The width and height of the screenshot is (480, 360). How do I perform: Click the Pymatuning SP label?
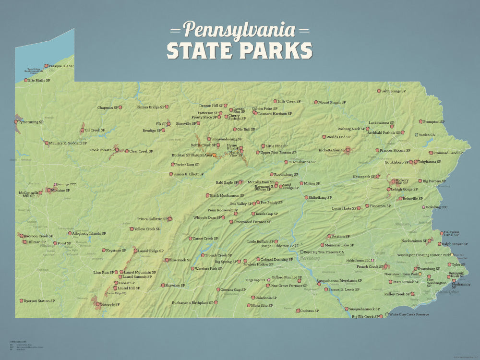click(x=31, y=122)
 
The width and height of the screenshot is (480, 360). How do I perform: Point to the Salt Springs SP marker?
click(x=379, y=91)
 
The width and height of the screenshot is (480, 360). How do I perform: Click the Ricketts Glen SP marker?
click(x=348, y=150)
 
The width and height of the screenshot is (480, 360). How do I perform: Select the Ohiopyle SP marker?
click(x=98, y=304)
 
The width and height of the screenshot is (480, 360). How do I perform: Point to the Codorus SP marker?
click(x=298, y=311)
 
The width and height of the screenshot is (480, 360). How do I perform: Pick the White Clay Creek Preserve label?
click(x=408, y=314)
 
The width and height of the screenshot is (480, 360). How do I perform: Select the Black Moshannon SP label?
click(x=227, y=195)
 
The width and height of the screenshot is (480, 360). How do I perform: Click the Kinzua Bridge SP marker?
click(x=167, y=107)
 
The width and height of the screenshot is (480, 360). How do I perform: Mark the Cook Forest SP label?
click(x=102, y=150)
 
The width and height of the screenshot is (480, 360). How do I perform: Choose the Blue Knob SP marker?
click(x=167, y=260)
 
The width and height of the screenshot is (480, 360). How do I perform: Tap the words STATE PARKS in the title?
click(x=240, y=50)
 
